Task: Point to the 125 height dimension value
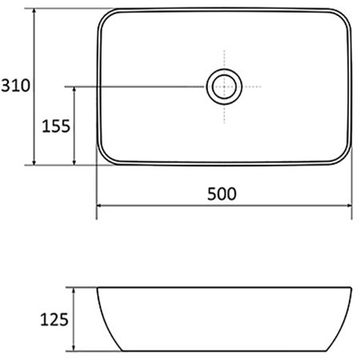[54, 320]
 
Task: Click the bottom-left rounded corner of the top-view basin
[105, 158]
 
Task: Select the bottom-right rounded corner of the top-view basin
[344, 158]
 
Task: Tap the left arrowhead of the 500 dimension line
[100, 206]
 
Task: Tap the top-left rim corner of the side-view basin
[98, 287]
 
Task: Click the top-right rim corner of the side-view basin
[351, 287]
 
